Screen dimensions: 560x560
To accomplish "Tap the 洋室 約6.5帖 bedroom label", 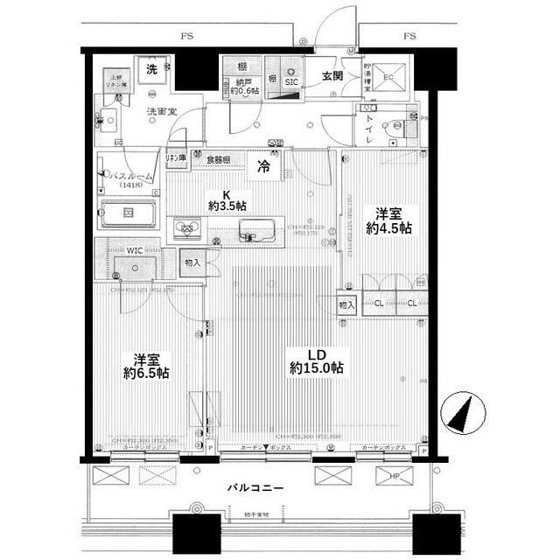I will point(146,366).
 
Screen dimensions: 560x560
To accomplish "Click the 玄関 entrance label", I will point(332,76).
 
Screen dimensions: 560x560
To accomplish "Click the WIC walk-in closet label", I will point(134,249).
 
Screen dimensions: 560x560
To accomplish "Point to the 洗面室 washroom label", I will point(162,112).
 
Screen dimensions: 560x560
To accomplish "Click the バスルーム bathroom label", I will point(130,178).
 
